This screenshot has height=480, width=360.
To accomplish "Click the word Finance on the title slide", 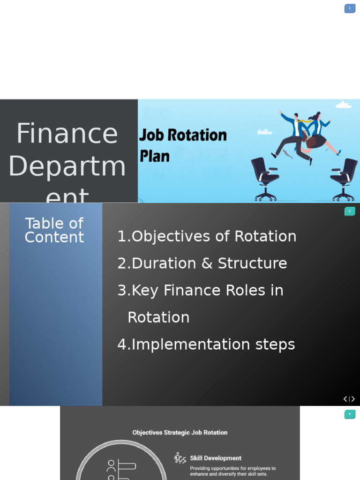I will click(67, 134).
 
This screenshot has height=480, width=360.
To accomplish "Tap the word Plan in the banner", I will click(154, 156).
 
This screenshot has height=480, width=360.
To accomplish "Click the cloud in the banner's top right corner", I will click(344, 105).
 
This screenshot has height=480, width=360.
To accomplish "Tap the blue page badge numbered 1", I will click(350, 8).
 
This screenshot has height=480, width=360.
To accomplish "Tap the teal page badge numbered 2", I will click(350, 211).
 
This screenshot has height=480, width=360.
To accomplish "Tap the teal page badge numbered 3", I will click(350, 414).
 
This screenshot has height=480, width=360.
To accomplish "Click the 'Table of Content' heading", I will click(54, 230).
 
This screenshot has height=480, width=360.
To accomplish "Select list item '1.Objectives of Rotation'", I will click(207, 236).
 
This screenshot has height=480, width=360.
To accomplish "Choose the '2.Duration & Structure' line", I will click(202, 263).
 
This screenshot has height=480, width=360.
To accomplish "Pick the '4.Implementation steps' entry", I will click(206, 345).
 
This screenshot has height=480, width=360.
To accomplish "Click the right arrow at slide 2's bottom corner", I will click(353, 399).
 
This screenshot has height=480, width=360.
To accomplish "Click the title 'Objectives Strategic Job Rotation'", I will click(180, 433).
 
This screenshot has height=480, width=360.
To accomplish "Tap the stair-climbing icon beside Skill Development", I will click(180, 458).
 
